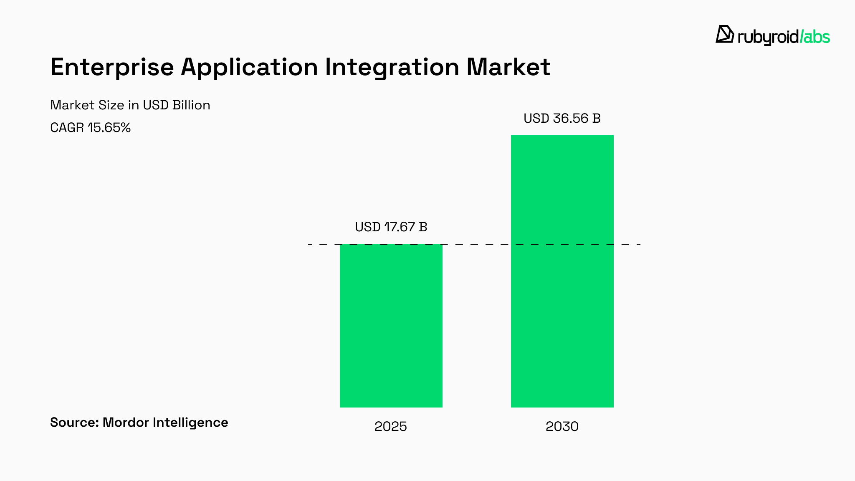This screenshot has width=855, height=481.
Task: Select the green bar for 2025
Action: click(x=391, y=326)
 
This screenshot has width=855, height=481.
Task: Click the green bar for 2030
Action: click(x=562, y=271)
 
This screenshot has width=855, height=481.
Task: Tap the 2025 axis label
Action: click(x=390, y=426)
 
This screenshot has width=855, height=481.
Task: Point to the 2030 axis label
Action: click(x=562, y=426)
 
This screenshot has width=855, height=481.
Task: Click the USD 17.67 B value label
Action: click(x=391, y=227)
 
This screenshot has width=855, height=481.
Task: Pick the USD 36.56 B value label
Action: click(x=562, y=119)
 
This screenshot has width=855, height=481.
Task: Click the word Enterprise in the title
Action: click(x=112, y=67)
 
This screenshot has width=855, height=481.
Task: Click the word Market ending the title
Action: click(x=508, y=67)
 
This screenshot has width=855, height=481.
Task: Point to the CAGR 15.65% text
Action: click(x=90, y=127)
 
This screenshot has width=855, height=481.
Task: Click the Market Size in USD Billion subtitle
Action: click(x=130, y=105)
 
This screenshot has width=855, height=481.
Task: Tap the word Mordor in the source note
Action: click(x=126, y=423)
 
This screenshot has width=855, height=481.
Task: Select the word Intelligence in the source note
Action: click(x=190, y=423)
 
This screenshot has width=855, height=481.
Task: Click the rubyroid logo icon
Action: click(x=725, y=34)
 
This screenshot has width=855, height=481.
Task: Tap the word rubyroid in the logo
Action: click(x=768, y=38)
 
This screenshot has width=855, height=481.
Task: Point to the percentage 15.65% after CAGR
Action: click(x=109, y=127)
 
